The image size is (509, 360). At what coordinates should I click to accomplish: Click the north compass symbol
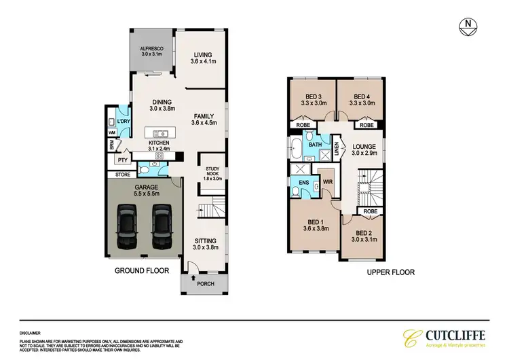pos(468,26)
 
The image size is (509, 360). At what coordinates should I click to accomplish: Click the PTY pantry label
pos(122,160)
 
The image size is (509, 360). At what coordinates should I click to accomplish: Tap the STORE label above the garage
pos(122,175)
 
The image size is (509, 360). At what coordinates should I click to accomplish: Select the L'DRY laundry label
pos(124,122)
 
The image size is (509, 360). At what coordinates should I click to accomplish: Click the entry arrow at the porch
pos(194,277)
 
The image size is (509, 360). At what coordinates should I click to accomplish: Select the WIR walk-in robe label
pos(327,182)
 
